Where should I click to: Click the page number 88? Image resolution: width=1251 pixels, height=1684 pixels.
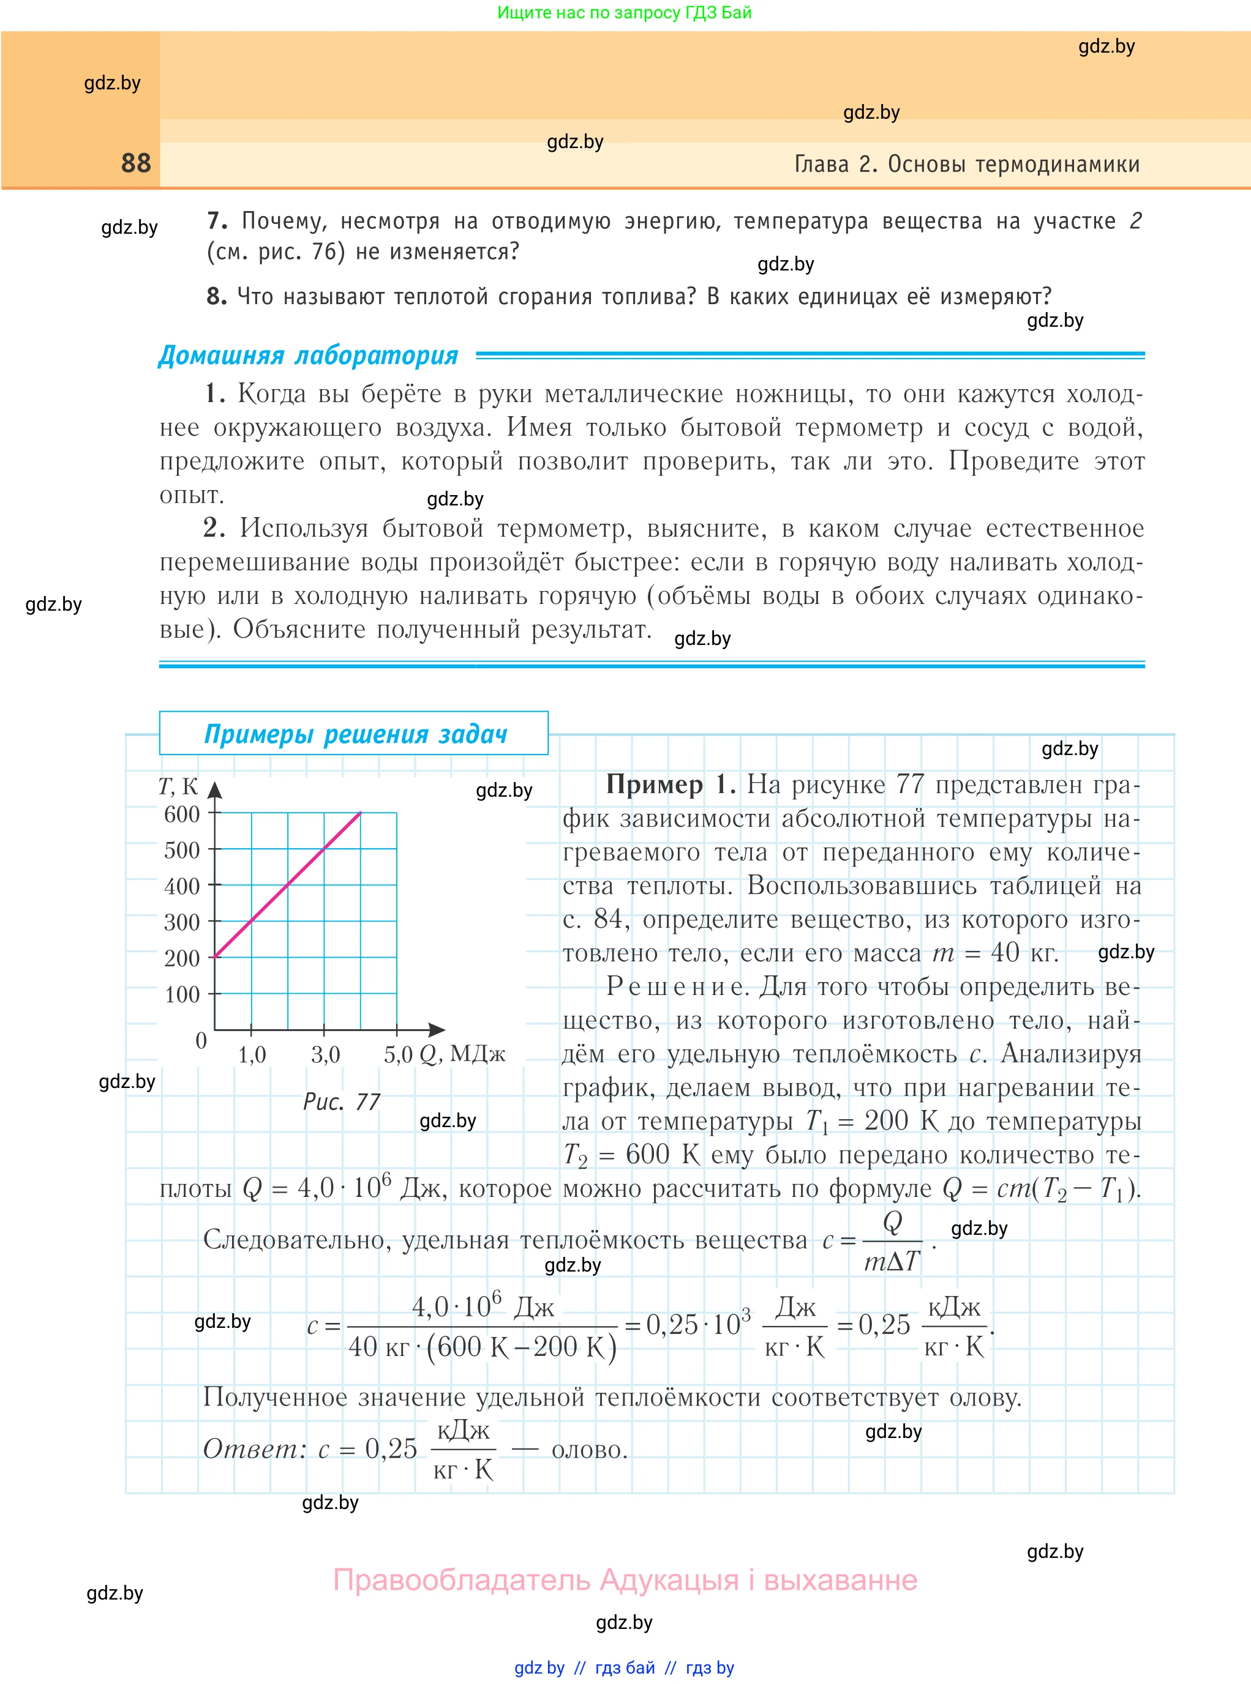pyautogui.click(x=137, y=163)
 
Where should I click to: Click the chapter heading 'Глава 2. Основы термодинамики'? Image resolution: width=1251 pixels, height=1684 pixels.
pyautogui.click(x=966, y=164)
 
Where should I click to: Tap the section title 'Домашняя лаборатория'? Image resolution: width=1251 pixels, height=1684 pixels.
pyautogui.click(x=308, y=355)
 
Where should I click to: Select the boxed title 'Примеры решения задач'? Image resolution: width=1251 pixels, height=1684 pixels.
pyautogui.click(x=355, y=734)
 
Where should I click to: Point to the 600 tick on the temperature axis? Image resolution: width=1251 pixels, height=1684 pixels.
pyautogui.click(x=182, y=814)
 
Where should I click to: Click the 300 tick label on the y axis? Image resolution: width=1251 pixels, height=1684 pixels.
pyautogui.click(x=182, y=922)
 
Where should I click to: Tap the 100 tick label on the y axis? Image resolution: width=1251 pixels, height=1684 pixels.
pyautogui.click(x=182, y=994)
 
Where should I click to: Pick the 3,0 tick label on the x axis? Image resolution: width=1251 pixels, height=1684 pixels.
pyautogui.click(x=326, y=1054)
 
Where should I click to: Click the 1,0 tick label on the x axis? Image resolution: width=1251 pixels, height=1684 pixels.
pyautogui.click(x=252, y=1054)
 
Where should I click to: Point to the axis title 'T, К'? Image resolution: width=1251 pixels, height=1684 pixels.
pyautogui.click(x=178, y=787)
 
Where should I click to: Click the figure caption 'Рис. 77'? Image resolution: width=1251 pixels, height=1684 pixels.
pyautogui.click(x=342, y=1101)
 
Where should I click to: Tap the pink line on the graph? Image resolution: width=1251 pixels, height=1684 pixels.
pyautogui.click(x=288, y=885)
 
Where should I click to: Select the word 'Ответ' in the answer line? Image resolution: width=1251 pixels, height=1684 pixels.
pyautogui.click(x=252, y=1448)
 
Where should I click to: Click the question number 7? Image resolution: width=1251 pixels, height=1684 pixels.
pyautogui.click(x=217, y=220)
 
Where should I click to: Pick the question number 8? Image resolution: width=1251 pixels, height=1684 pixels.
pyautogui.click(x=217, y=296)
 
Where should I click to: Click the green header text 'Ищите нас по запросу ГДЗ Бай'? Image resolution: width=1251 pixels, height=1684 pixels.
pyautogui.click(x=624, y=12)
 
